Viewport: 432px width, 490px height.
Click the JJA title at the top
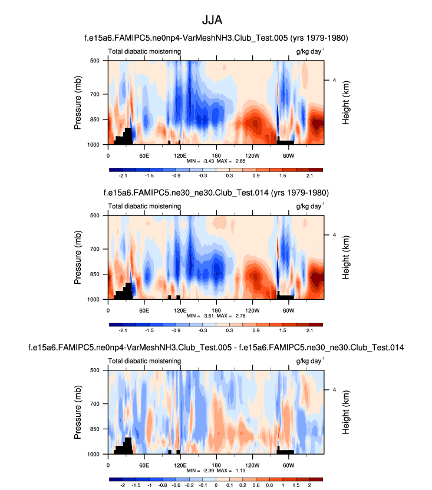point(216,20)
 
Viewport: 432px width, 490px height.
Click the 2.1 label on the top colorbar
point(309,176)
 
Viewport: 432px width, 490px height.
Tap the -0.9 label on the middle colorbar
point(176,330)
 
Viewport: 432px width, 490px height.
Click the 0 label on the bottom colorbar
point(216,485)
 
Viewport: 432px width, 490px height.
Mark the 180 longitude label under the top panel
point(216,155)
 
